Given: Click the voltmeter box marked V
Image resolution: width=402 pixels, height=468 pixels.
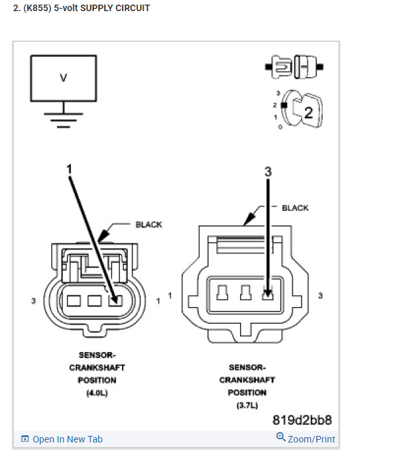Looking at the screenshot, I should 63,78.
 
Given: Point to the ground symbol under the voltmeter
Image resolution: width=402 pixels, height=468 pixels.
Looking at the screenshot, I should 63,117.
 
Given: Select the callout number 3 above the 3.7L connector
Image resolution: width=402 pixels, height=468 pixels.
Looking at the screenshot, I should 268,171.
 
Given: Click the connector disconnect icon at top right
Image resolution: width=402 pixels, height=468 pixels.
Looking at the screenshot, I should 294,65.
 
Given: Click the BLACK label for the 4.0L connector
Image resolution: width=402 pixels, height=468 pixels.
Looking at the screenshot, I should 148,225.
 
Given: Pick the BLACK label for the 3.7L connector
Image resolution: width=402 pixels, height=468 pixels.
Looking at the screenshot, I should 294,208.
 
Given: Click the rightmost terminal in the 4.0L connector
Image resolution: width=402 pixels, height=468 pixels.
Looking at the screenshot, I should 115,300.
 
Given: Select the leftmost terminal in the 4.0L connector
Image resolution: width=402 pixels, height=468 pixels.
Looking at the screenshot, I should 73,300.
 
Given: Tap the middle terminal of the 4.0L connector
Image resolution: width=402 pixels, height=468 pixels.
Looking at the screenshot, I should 94,300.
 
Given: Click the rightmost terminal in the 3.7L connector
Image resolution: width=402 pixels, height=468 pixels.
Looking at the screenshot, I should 268,293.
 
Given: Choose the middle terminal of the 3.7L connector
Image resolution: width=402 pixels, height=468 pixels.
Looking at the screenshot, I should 246,293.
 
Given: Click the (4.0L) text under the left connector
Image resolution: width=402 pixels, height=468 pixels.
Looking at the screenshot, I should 92,393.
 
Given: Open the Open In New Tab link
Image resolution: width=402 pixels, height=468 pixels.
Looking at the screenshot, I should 62,439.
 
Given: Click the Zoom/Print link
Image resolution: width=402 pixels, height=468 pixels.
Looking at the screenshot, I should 306,439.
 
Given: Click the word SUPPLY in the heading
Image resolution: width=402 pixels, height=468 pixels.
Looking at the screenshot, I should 83,9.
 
